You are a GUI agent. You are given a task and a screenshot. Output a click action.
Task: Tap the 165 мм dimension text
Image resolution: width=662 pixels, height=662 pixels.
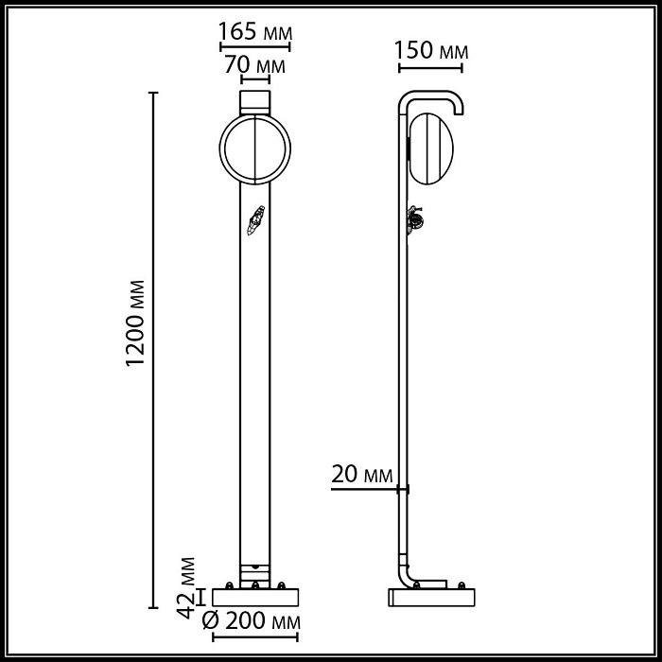click(254, 30)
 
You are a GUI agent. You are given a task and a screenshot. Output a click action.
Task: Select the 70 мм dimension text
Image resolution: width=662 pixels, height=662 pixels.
click(254, 66)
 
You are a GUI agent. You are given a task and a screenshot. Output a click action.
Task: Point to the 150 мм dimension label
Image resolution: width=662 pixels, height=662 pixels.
click(430, 50)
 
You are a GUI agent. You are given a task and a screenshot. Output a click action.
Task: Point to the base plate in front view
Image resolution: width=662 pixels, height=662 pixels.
click(254, 597)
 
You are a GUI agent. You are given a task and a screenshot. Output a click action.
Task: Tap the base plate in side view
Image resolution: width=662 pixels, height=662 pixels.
click(432, 597)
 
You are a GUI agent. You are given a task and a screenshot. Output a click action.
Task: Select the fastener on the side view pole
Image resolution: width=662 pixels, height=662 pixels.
click(414, 220)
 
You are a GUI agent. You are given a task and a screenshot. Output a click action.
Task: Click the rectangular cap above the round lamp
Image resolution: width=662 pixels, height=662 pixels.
click(254, 100)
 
